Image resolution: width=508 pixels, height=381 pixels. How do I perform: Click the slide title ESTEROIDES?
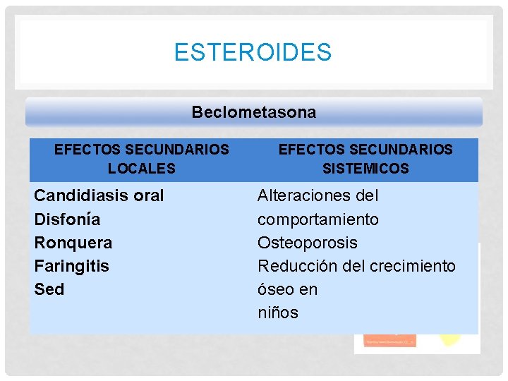(x=253, y=52)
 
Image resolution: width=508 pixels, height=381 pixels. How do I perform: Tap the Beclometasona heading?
(x=254, y=112)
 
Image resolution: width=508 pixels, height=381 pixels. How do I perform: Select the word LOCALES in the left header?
(x=141, y=169)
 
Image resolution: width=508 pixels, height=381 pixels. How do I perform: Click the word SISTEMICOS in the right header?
(x=365, y=169)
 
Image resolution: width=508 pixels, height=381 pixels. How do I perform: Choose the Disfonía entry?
(x=67, y=219)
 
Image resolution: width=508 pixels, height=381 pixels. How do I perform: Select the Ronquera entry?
(x=73, y=243)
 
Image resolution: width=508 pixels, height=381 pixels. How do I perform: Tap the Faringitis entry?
(x=71, y=266)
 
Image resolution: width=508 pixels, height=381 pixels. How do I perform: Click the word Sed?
(x=49, y=289)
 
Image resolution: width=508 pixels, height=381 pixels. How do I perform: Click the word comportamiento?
(x=317, y=219)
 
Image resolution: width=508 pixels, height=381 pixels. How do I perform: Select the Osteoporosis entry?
(x=307, y=243)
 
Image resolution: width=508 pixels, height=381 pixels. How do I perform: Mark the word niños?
(x=277, y=313)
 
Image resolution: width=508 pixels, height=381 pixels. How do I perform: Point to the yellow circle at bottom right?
(x=450, y=339)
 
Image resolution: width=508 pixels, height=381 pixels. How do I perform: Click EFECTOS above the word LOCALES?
(x=87, y=150)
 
